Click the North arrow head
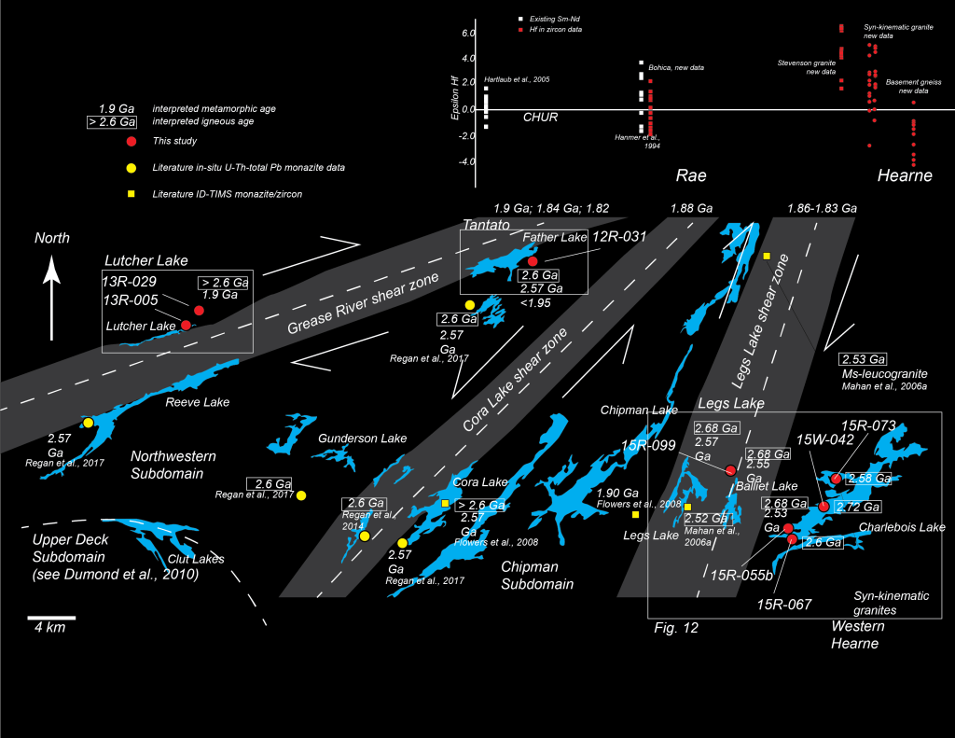(53, 272)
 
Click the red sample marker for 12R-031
(533, 261)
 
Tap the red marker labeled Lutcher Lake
(186, 325)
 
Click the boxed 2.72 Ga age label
(860, 507)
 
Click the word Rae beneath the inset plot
(691, 175)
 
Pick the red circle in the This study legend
(131, 141)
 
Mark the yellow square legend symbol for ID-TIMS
(131, 193)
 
